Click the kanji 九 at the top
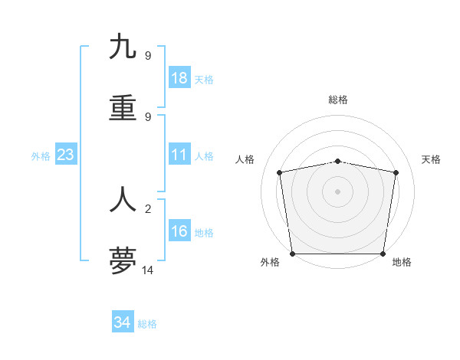123,47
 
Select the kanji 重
123,109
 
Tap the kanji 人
123,199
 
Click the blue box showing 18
179,78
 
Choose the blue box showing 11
179,155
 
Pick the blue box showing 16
179,232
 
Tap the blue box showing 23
66,155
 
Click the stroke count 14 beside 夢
148,270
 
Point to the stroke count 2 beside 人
148,207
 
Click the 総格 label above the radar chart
338,100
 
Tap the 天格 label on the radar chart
432,159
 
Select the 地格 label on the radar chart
402,263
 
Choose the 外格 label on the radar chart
270,263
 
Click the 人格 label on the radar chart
245,159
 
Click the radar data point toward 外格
293,254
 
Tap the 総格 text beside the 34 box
147,324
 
